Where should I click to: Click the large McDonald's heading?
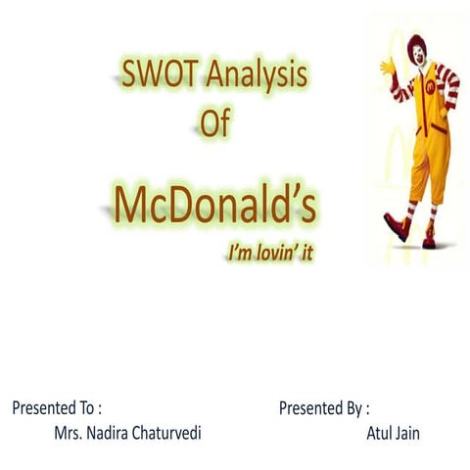tap(215, 203)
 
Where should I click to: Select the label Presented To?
tap(57, 407)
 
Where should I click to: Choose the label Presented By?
tap(324, 407)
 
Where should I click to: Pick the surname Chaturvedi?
tap(181, 432)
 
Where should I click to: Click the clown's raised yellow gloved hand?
tap(388, 66)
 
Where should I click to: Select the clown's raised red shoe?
tap(398, 225)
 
